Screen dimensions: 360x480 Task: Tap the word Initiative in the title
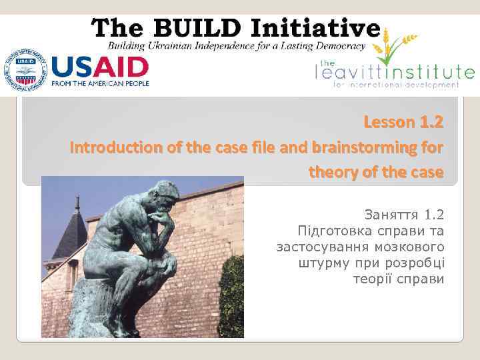click(x=319, y=28)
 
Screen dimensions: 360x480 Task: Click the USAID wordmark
click(x=100, y=67)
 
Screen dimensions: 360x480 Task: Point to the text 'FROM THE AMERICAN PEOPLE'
click(x=100, y=83)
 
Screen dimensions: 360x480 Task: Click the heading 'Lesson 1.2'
click(x=403, y=123)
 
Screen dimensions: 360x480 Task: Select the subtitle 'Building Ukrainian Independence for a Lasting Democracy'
click(x=237, y=46)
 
